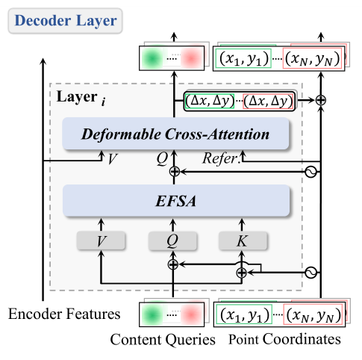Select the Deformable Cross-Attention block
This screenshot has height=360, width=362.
(x=176, y=134)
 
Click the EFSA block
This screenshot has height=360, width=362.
(x=176, y=199)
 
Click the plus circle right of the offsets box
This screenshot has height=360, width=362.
(x=321, y=99)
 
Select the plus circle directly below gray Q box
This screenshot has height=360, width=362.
(x=174, y=264)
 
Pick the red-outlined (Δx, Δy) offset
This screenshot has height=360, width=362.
(x=268, y=99)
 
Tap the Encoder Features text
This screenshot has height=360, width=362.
(x=54, y=314)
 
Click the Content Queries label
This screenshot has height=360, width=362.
(x=162, y=340)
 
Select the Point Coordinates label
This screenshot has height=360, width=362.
(x=284, y=340)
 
